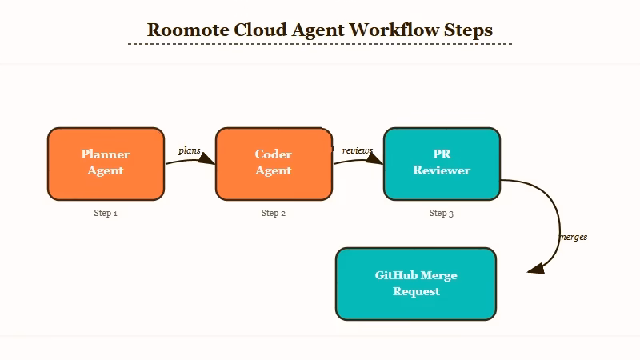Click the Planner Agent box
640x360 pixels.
click(106, 163)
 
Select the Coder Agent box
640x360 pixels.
click(274, 163)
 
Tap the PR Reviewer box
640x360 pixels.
click(442, 163)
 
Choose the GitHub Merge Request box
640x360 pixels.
click(416, 284)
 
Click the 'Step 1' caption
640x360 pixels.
click(106, 214)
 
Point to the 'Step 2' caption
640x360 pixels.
click(274, 214)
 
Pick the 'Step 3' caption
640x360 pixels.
click(442, 214)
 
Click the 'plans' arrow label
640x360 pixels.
click(190, 150)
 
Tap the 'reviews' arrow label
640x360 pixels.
click(358, 150)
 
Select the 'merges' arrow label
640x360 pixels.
click(573, 237)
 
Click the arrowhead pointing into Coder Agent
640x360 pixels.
click(207, 158)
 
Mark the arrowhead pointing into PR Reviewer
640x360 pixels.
click(375, 158)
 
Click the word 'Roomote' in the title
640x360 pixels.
click(187, 30)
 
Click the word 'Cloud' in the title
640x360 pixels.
click(260, 30)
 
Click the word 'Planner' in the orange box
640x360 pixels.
click(106, 154)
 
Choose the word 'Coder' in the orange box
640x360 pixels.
click(274, 154)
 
